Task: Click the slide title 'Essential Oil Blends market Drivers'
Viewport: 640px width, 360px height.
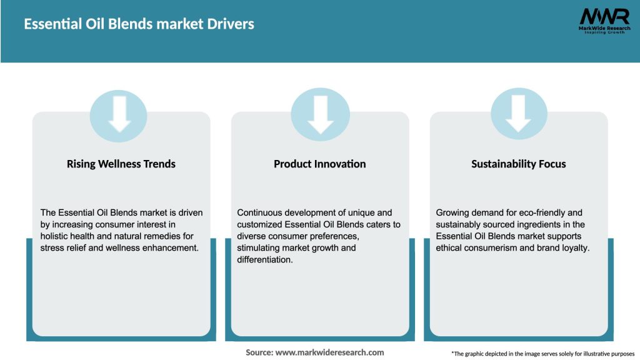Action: (x=139, y=24)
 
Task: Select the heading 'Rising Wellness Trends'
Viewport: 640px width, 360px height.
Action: (x=121, y=164)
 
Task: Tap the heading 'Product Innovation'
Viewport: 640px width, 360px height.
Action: (x=320, y=164)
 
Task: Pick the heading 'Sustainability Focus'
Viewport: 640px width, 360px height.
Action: (x=519, y=164)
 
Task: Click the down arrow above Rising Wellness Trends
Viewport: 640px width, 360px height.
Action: (x=119, y=114)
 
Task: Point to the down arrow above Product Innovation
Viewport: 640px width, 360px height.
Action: (x=320, y=114)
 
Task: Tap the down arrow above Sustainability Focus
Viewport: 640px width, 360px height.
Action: (x=519, y=114)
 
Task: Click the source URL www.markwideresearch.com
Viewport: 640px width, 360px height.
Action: (x=330, y=352)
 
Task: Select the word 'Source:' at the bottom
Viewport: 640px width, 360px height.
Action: (x=259, y=352)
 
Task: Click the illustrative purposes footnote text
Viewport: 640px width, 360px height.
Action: (x=542, y=354)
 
